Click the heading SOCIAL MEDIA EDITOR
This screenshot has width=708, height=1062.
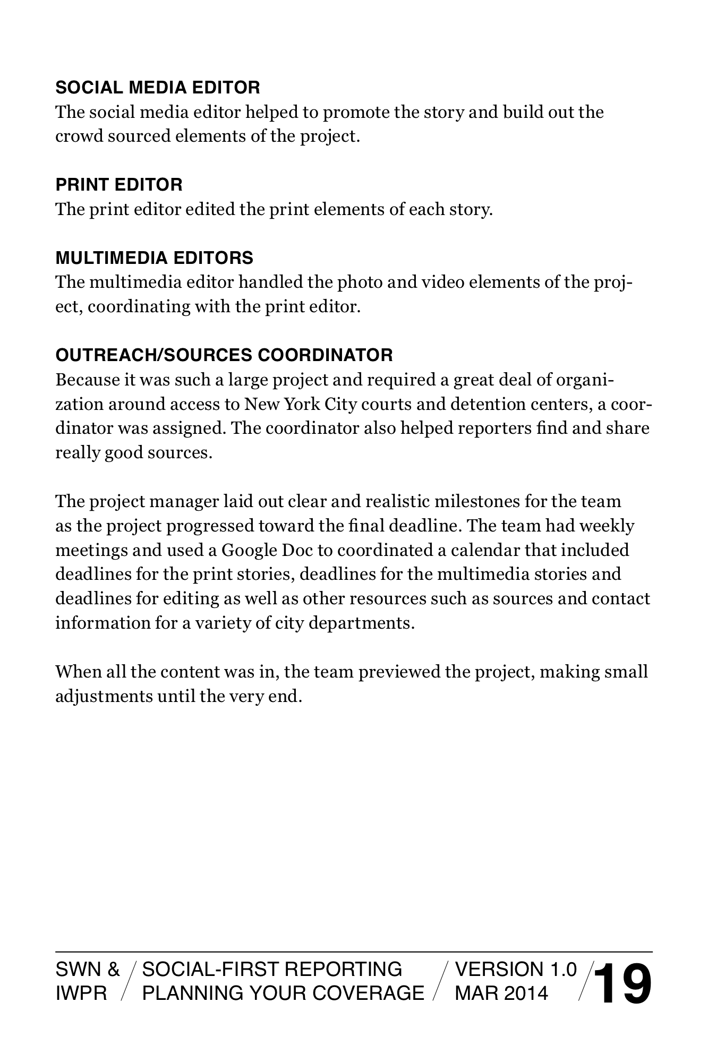pos(158,88)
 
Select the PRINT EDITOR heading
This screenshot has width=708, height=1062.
pos(119,185)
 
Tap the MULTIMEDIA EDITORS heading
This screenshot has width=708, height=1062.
pos(154,258)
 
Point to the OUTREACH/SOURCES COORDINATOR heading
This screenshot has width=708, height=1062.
pos(224,355)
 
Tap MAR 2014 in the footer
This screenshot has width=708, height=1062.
pos(501,993)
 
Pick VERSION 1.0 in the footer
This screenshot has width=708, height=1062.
pos(516,970)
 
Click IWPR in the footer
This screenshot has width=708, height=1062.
pos(81,993)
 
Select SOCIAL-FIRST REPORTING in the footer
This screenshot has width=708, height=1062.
pos(272,970)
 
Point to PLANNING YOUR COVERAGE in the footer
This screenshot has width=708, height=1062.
pos(283,993)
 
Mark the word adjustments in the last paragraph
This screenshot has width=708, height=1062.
pos(104,696)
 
